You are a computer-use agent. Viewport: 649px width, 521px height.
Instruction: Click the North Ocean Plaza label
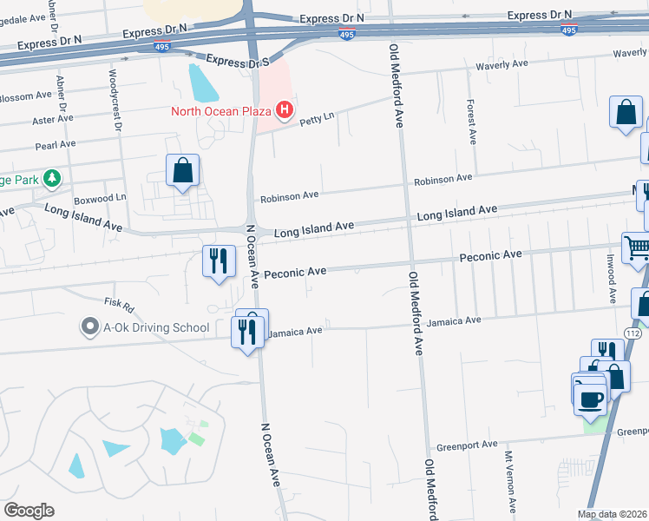click(x=220, y=110)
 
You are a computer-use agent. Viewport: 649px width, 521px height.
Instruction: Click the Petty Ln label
click(x=317, y=122)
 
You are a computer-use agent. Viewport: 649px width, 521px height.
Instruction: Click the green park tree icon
click(x=53, y=178)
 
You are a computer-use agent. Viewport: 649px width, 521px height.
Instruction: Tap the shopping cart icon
click(x=637, y=247)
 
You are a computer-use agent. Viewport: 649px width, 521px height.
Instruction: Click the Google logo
click(x=29, y=511)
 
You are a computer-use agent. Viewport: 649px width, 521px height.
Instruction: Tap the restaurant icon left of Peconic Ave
click(x=218, y=260)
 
